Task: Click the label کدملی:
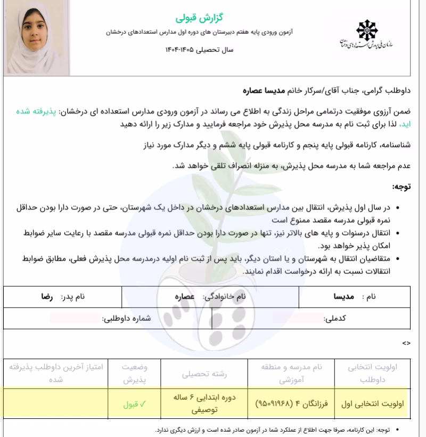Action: (335, 318)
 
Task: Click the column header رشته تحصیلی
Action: (204, 373)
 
